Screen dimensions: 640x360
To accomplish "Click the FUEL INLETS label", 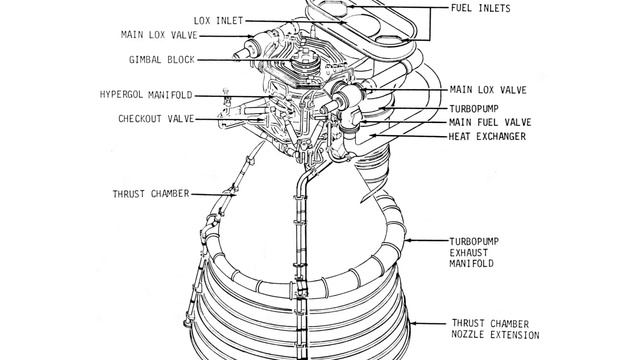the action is point(480,8).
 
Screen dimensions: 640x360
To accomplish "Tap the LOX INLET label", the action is point(218,21).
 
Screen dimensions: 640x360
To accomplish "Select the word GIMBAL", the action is point(145,60).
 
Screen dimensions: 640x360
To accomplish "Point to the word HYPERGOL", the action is point(122,95).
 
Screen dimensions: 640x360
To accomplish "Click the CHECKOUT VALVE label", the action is point(156,119).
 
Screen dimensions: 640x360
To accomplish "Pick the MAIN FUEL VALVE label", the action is point(490,122).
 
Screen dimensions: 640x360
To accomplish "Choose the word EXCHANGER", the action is point(501,136).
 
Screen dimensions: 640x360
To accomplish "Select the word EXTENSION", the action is point(515,335).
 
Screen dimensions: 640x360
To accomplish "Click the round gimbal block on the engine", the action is point(303,61).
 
